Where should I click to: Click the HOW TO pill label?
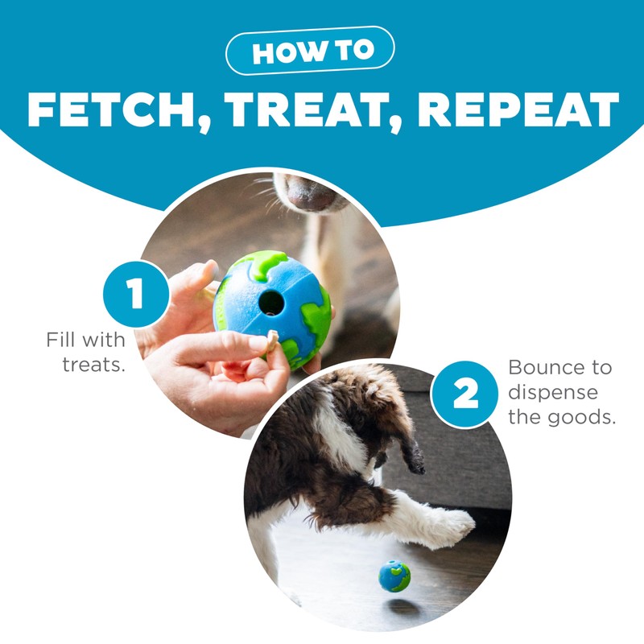(x=310, y=51)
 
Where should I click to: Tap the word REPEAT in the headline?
(x=518, y=109)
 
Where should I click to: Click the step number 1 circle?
(x=136, y=294)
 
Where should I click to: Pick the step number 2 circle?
(x=465, y=394)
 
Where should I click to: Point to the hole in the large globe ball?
(x=271, y=303)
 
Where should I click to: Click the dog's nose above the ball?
(x=310, y=193)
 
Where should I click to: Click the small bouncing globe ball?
(x=394, y=576)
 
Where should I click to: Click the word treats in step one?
(x=93, y=365)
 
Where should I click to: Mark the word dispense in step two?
(x=553, y=392)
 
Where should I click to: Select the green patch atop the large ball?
(x=263, y=263)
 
